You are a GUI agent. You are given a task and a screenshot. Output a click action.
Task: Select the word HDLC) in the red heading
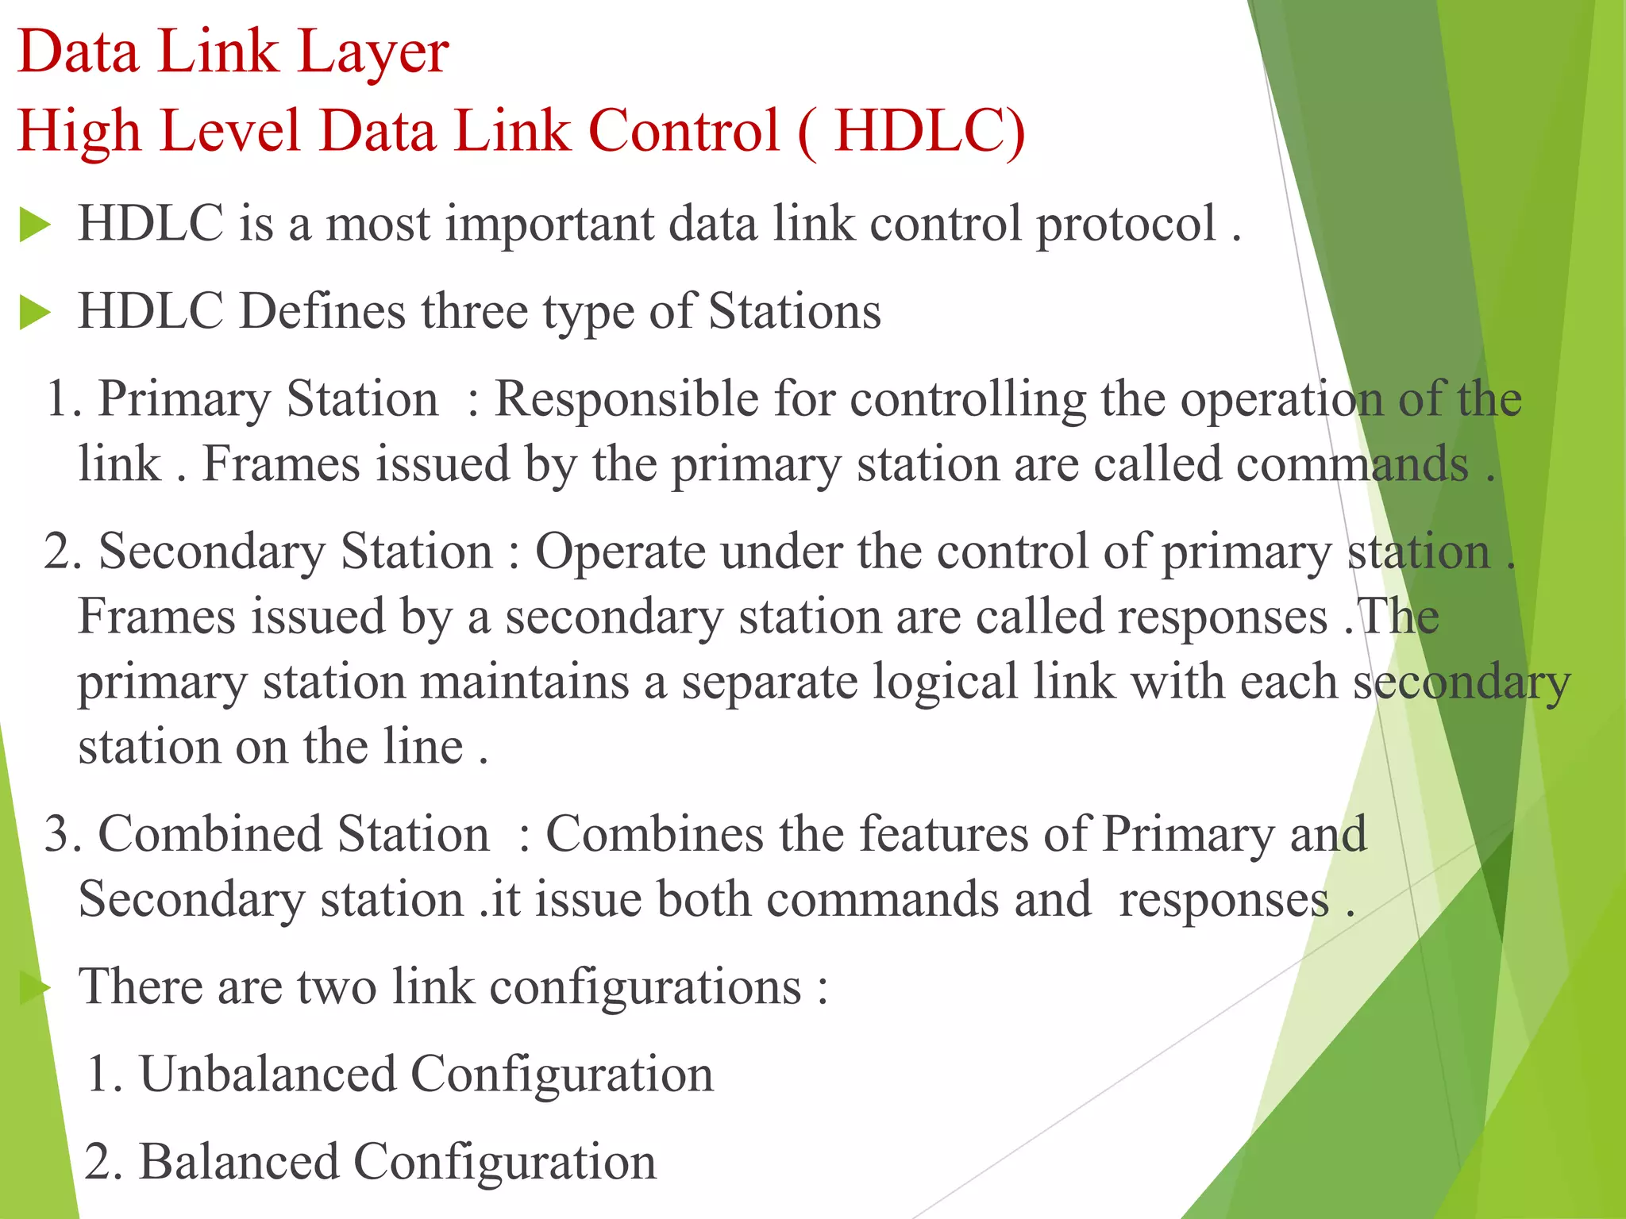pyautogui.click(x=930, y=131)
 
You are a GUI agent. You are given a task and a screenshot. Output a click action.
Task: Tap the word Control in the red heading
pyautogui.click(x=684, y=131)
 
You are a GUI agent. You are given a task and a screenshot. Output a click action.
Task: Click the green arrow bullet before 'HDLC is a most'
pyautogui.click(x=35, y=225)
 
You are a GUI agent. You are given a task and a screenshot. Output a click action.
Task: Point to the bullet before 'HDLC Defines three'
pyautogui.click(x=35, y=312)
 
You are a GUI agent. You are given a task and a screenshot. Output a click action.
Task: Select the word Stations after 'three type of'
pyautogui.click(x=795, y=311)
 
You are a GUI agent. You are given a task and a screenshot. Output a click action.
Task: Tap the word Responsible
pyautogui.click(x=626, y=398)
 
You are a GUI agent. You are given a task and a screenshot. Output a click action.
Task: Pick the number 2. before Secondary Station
pyautogui.click(x=63, y=552)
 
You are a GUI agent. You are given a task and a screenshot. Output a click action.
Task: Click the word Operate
pyautogui.click(x=620, y=552)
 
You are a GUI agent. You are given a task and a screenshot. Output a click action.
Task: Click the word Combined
pyautogui.click(x=210, y=835)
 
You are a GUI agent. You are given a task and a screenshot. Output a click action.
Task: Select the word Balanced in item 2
pyautogui.click(x=239, y=1163)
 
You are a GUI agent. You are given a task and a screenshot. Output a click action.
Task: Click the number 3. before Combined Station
pyautogui.click(x=63, y=835)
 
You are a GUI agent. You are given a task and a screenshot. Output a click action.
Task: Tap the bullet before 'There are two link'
pyautogui.click(x=35, y=988)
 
